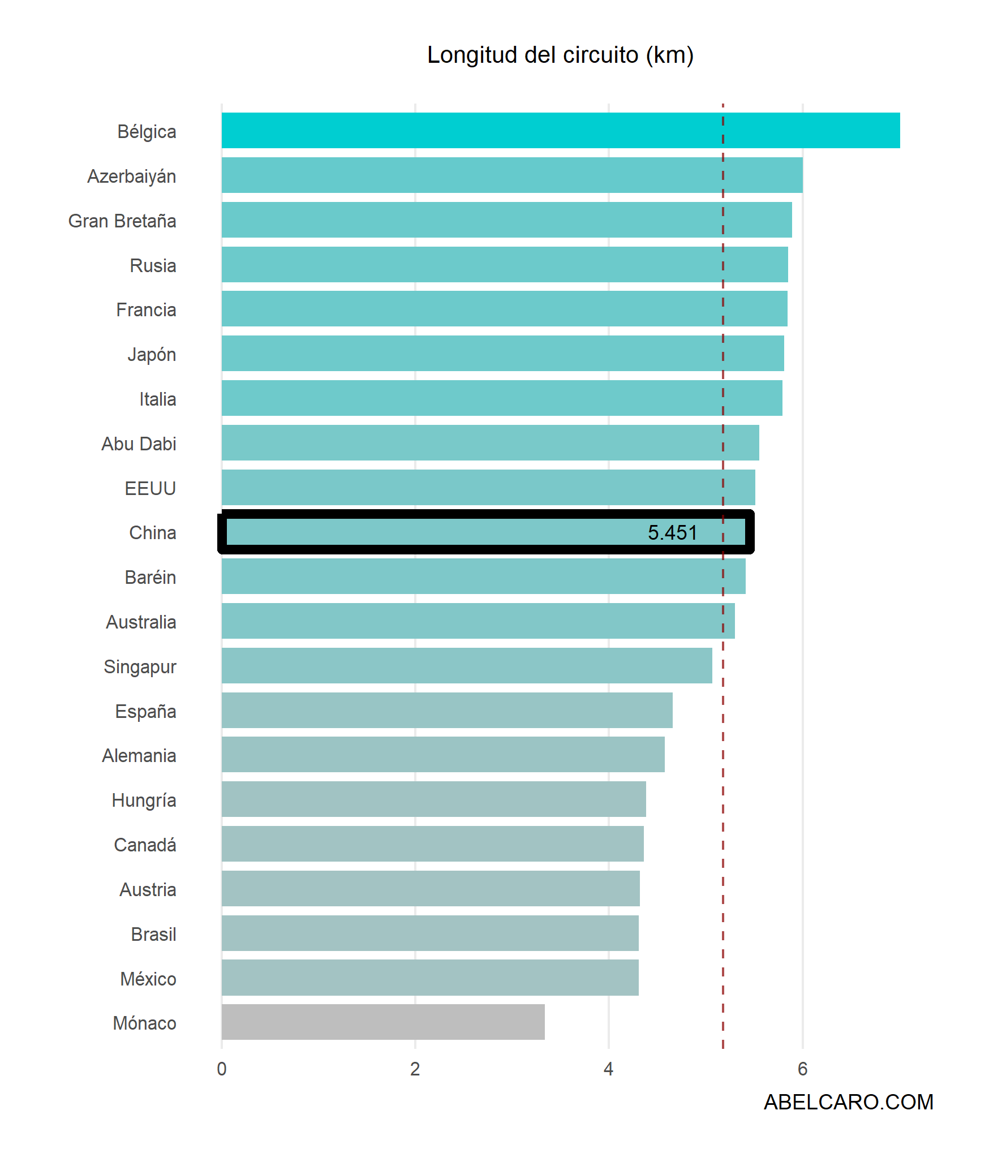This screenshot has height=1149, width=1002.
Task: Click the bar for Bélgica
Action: [x=560, y=131]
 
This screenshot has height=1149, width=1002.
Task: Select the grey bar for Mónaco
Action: [x=383, y=1022]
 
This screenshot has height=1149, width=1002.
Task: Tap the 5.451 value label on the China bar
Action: [x=672, y=532]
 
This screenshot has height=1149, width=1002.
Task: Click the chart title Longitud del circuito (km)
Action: [x=560, y=55]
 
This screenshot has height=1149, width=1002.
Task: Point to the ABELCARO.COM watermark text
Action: [x=848, y=1101]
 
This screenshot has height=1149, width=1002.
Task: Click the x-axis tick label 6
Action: [x=802, y=1069]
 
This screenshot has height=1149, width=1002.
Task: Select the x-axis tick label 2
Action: [x=415, y=1069]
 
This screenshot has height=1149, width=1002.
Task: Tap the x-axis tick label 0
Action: [x=222, y=1069]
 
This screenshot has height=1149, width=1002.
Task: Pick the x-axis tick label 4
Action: [x=608, y=1069]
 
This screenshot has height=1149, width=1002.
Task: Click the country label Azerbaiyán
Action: [x=132, y=177]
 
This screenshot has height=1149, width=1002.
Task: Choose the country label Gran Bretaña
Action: [x=122, y=221]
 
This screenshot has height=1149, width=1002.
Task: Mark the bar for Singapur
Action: [x=467, y=665]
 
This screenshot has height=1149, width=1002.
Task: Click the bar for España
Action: [x=447, y=710]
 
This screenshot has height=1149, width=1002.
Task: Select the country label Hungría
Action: [x=144, y=801]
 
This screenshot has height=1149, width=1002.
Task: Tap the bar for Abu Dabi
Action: [x=490, y=443]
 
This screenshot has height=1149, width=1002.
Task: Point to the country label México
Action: [x=148, y=979]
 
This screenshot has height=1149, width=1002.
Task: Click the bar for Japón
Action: [x=502, y=354]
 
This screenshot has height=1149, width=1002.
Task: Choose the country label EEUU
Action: [x=150, y=488]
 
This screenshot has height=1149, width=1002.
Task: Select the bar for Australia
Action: [x=478, y=621]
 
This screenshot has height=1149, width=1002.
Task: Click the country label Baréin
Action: [x=150, y=577]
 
